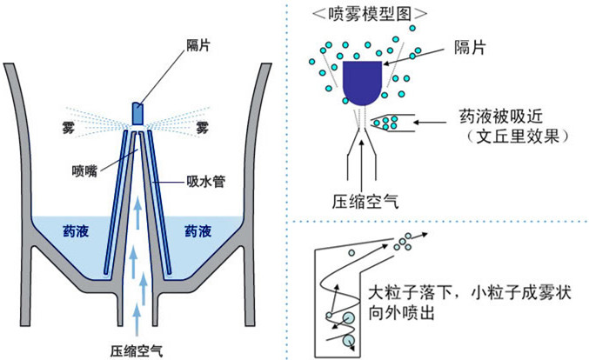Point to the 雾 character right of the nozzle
click(x=201, y=128)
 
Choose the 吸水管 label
click(x=202, y=183)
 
